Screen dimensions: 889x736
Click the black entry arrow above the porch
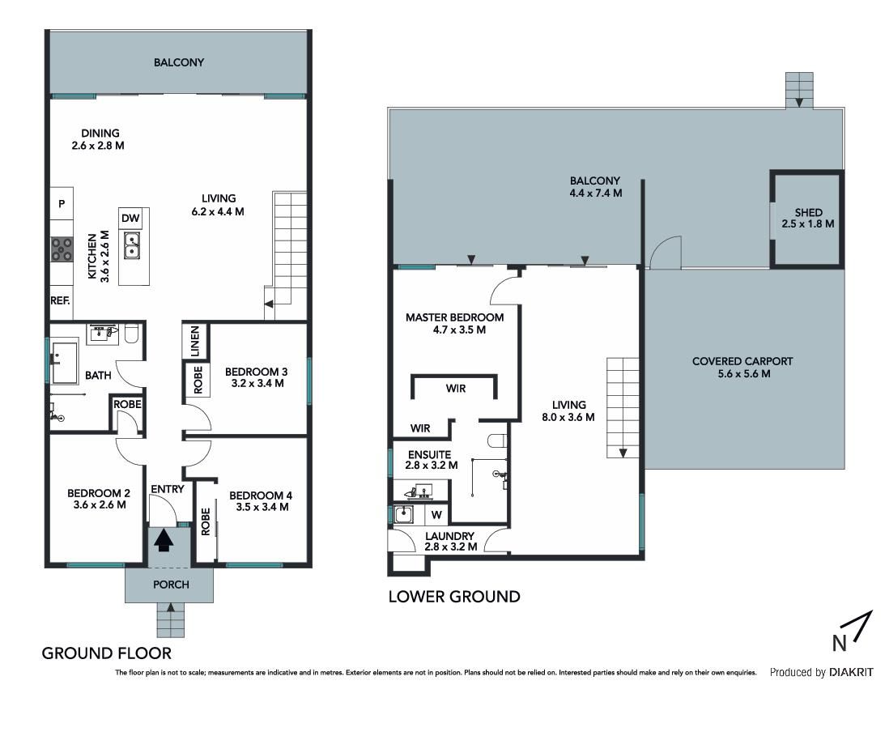point(164,540)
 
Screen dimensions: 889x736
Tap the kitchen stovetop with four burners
point(62,249)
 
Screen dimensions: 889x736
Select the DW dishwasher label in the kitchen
point(130,219)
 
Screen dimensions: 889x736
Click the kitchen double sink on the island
point(132,245)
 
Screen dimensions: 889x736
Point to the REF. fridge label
point(60,300)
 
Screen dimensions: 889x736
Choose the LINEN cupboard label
point(194,342)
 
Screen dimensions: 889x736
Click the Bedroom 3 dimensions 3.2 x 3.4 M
point(257,383)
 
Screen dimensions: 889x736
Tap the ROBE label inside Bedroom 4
point(205,521)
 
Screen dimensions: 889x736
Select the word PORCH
point(171,585)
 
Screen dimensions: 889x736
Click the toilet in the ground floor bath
point(131,334)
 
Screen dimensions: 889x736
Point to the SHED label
point(809,213)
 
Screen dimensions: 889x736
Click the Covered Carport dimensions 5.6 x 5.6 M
point(744,374)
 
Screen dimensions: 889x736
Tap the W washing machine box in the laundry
point(436,515)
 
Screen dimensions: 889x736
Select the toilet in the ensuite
point(497,442)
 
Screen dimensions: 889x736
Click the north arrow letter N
point(840,644)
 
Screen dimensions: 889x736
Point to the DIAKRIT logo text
point(851,673)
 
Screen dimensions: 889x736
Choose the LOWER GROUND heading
point(454,597)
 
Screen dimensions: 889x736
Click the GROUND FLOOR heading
point(107,653)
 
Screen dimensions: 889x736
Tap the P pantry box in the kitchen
point(62,203)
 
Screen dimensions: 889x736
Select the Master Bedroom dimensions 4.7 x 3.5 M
point(459,330)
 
